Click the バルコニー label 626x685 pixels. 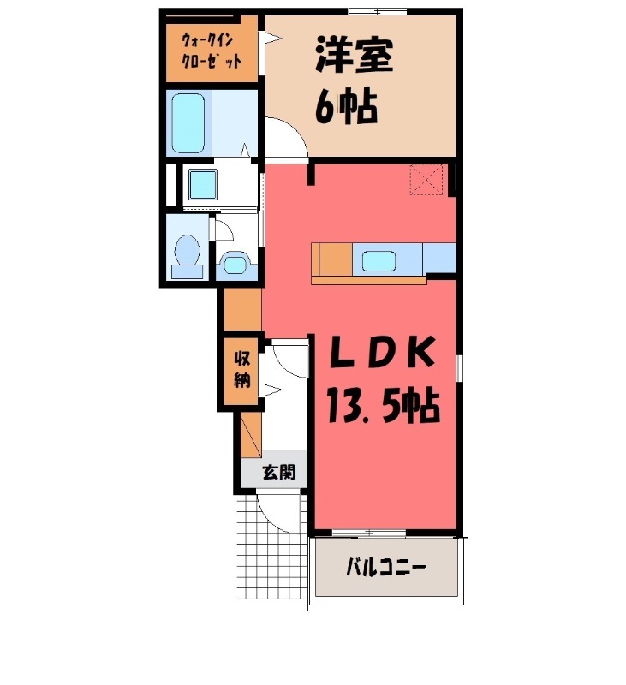[x=385, y=567]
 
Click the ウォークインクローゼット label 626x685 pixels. [x=210, y=50]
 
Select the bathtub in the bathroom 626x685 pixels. [x=188, y=122]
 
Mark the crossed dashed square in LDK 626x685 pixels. [x=426, y=179]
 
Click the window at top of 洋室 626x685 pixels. [x=376, y=10]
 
